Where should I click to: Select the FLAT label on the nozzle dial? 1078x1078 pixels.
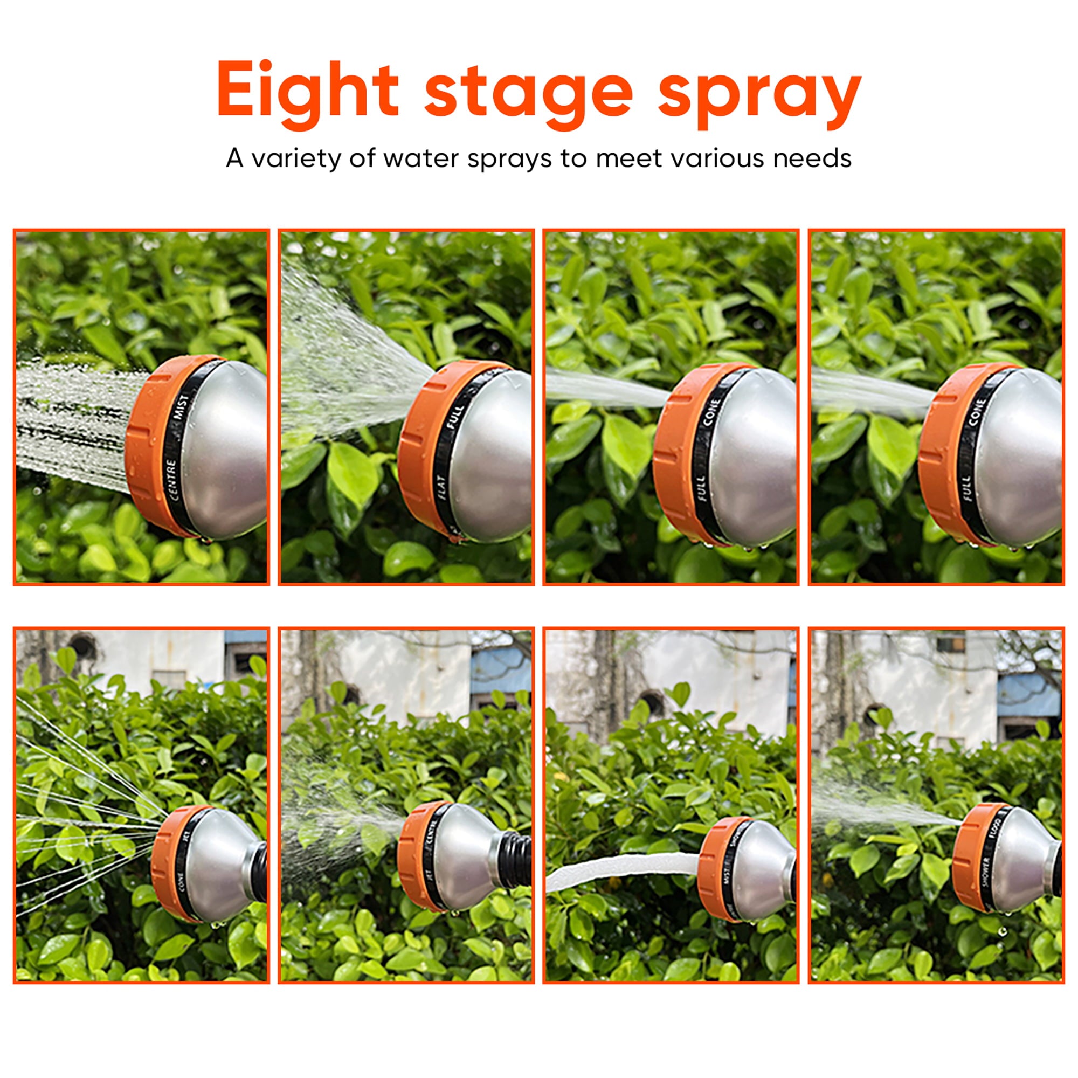click(441, 487)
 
